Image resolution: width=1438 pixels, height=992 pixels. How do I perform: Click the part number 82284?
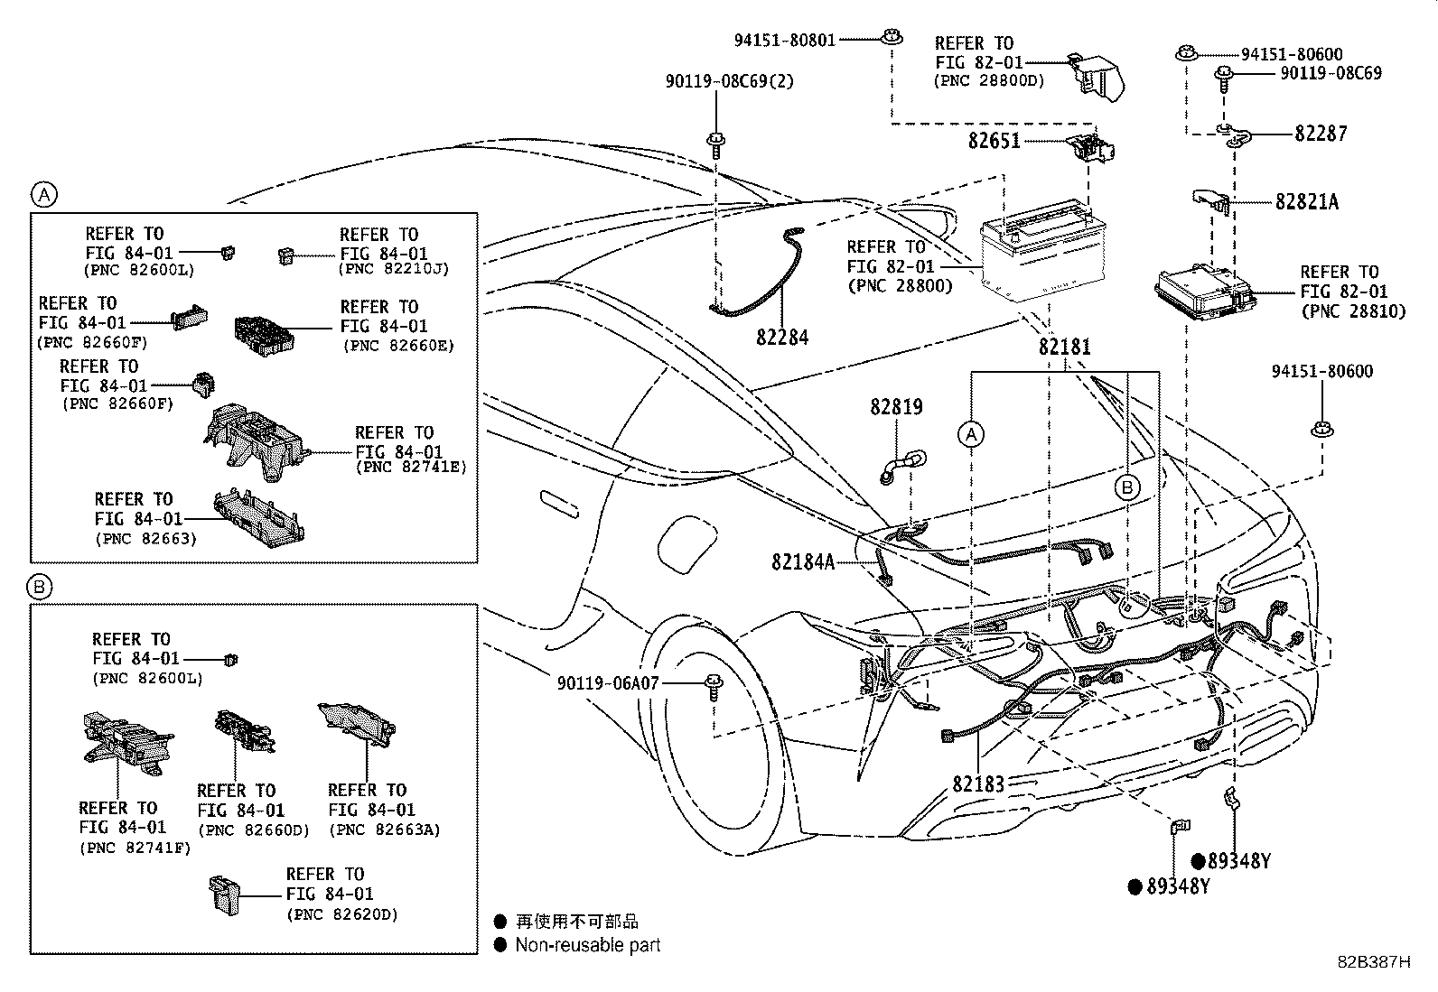[x=782, y=338]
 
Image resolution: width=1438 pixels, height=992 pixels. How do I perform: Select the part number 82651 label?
[x=994, y=141]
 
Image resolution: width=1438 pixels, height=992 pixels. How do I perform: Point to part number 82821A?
[x=1306, y=202]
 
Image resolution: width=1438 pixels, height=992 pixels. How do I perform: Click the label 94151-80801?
[x=784, y=40]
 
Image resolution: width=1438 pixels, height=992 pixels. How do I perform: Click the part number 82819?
[x=896, y=407]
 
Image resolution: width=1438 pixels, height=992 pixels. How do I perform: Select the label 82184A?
[x=803, y=561]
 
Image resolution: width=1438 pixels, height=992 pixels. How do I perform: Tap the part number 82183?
[x=977, y=783]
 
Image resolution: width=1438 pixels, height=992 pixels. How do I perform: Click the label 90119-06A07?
[x=608, y=684]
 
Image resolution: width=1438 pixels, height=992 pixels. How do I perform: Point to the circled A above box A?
[x=43, y=193]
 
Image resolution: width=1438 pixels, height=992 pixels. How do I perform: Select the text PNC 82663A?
[x=384, y=830]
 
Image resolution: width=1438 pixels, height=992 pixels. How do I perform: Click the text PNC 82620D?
[x=341, y=913]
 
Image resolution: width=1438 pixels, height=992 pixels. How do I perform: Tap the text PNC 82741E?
[x=411, y=468]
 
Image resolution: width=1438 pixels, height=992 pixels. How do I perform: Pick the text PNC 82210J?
[x=394, y=269]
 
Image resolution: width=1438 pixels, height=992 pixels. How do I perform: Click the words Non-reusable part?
[x=587, y=945]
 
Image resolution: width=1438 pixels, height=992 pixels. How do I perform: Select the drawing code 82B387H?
[x=1373, y=961]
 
